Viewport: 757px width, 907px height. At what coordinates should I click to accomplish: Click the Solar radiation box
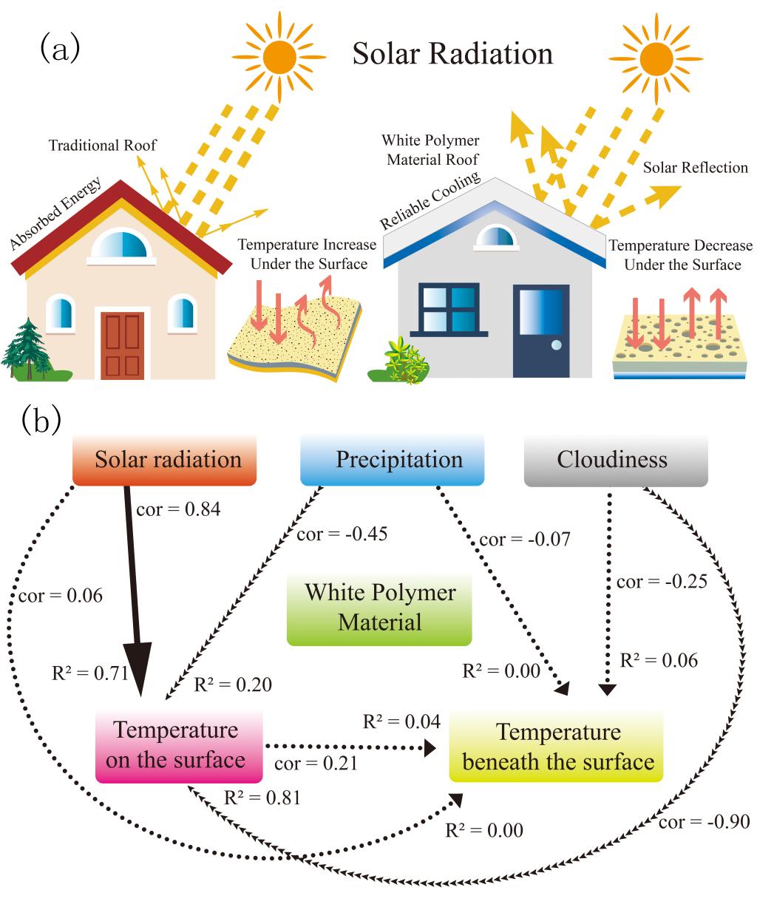[164, 461]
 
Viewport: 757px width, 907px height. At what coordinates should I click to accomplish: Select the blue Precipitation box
[393, 461]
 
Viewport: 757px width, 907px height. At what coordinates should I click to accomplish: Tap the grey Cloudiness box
[615, 461]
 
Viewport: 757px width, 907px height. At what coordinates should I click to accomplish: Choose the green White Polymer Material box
[379, 608]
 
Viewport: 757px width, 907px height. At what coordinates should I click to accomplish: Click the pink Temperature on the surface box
[180, 745]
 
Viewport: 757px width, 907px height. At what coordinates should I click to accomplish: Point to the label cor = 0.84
[178, 509]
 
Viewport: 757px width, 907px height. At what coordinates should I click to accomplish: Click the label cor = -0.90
[704, 822]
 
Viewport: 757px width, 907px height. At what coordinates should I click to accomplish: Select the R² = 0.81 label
[262, 798]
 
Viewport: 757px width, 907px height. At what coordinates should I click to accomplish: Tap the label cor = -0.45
[342, 534]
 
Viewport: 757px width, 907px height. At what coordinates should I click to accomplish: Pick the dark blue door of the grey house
[541, 330]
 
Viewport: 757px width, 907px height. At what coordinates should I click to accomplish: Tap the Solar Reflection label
[695, 168]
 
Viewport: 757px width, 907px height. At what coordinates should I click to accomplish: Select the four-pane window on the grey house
[448, 309]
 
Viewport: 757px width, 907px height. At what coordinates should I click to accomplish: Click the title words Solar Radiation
[452, 54]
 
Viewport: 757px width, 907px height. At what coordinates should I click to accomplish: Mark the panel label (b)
[41, 420]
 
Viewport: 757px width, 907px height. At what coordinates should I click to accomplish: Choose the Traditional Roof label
[103, 145]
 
